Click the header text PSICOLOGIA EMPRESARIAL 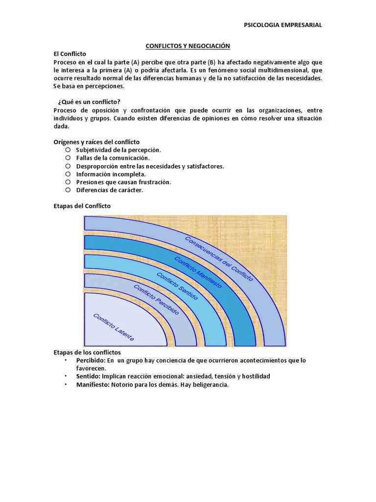[x=283, y=25]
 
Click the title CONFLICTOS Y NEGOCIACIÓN [x=188, y=46]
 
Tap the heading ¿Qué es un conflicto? [x=89, y=101]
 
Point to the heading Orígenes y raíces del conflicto [x=96, y=142]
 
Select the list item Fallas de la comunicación [x=113, y=158]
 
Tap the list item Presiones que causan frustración [x=123, y=182]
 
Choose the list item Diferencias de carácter [x=110, y=190]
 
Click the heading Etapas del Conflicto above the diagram [x=82, y=206]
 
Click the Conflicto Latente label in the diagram [x=113, y=327]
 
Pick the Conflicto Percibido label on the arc [x=156, y=300]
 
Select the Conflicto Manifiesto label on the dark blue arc [x=198, y=271]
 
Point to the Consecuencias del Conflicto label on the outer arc [x=219, y=258]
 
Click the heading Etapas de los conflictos [x=87, y=352]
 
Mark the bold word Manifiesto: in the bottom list [x=93, y=384]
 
